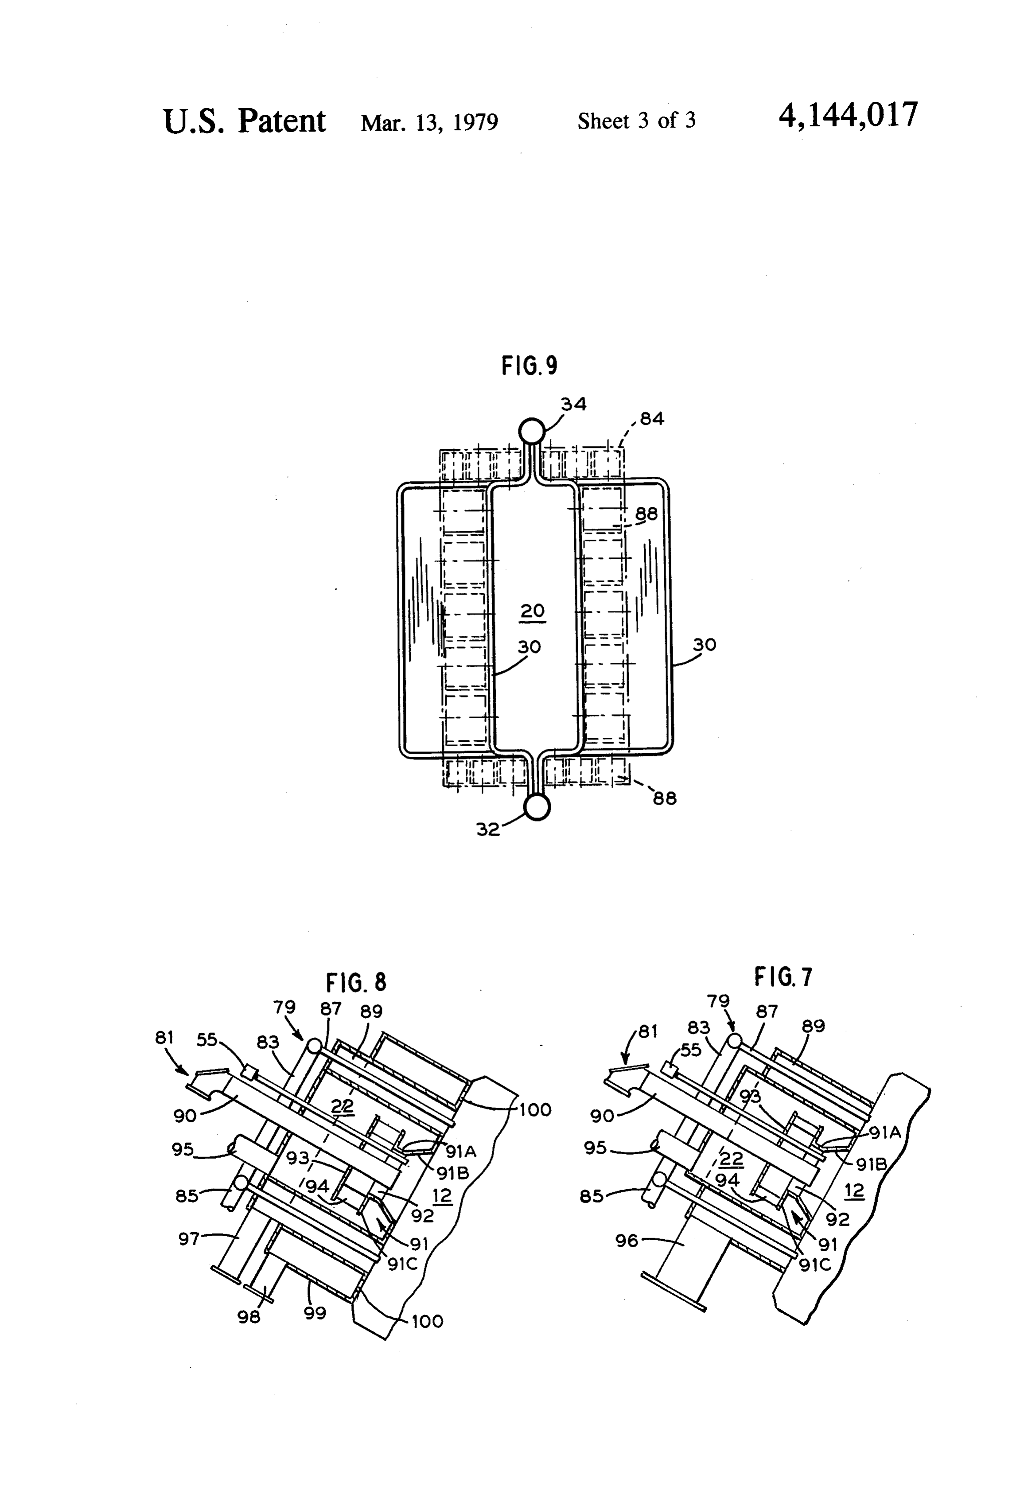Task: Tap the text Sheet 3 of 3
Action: coord(636,121)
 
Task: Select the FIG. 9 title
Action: coord(529,366)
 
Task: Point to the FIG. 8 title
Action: coord(356,982)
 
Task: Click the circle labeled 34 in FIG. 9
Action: coord(531,430)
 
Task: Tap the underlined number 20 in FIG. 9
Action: coord(532,611)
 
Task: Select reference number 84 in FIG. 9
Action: coord(652,419)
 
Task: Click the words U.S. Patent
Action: coord(244,121)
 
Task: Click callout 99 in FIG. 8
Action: coord(315,1313)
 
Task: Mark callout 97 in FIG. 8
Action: coord(190,1239)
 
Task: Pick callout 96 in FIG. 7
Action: coord(627,1241)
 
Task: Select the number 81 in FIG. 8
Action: coord(164,1038)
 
